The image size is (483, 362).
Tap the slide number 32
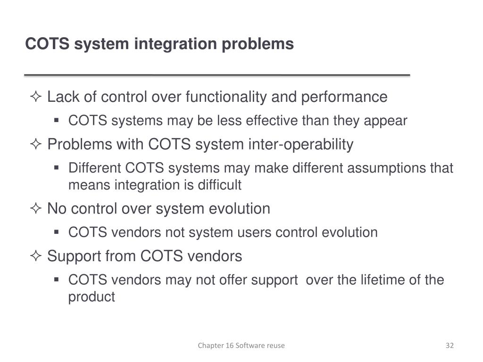point(450,346)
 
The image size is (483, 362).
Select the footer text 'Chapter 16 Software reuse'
point(241,346)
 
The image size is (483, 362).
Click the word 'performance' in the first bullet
point(344,97)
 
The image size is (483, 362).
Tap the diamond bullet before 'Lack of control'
point(36,98)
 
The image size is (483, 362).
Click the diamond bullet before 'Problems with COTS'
point(36,145)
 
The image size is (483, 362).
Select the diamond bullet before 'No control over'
point(36,209)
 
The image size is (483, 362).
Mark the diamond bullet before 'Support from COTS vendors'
point(36,257)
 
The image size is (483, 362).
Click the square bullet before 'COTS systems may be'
point(56,121)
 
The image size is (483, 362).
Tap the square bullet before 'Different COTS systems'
point(56,168)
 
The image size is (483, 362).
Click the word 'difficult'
point(219,185)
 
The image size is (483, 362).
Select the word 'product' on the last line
point(92,297)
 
